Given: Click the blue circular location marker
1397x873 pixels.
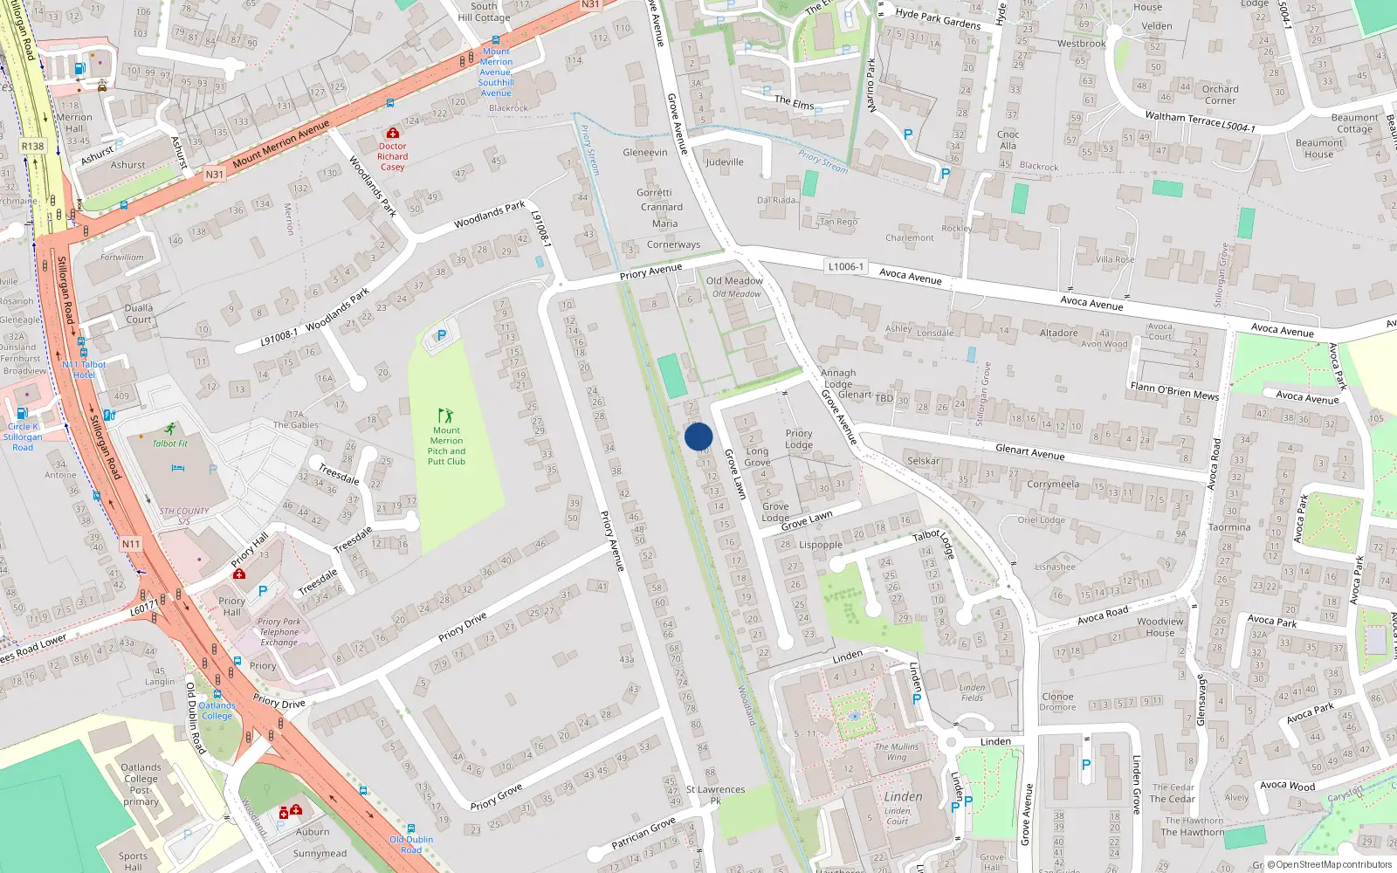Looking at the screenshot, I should [698, 436].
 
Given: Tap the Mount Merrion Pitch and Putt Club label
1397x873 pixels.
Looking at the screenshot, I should [446, 445].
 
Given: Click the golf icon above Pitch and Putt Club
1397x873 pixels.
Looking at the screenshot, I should [446, 415].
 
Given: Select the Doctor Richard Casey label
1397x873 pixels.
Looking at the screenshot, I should [392, 156].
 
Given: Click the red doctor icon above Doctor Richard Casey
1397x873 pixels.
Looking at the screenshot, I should [392, 133].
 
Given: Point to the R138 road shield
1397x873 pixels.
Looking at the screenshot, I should [32, 146].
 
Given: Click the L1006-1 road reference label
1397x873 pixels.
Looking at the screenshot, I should [844, 266].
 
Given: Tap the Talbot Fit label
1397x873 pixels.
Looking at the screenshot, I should [170, 443].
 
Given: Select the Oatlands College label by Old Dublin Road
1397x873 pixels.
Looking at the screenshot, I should [217, 711].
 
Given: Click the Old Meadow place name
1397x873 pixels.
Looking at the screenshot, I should [734, 281].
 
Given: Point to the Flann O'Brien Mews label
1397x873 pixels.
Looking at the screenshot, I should [1173, 390].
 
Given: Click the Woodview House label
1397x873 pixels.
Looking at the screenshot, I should [1160, 627].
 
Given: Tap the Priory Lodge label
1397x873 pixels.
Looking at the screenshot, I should [799, 438].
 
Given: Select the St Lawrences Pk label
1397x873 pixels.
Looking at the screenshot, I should [715, 794].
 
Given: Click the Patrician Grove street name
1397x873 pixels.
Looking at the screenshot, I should [643, 833].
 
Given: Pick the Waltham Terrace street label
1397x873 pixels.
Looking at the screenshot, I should [1182, 120].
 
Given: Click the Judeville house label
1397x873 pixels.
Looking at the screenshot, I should [725, 162].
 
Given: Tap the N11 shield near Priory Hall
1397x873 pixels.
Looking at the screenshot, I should [130, 544].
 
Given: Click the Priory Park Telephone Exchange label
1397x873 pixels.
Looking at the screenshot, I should [279, 632].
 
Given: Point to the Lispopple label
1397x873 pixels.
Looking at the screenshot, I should [821, 544].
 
